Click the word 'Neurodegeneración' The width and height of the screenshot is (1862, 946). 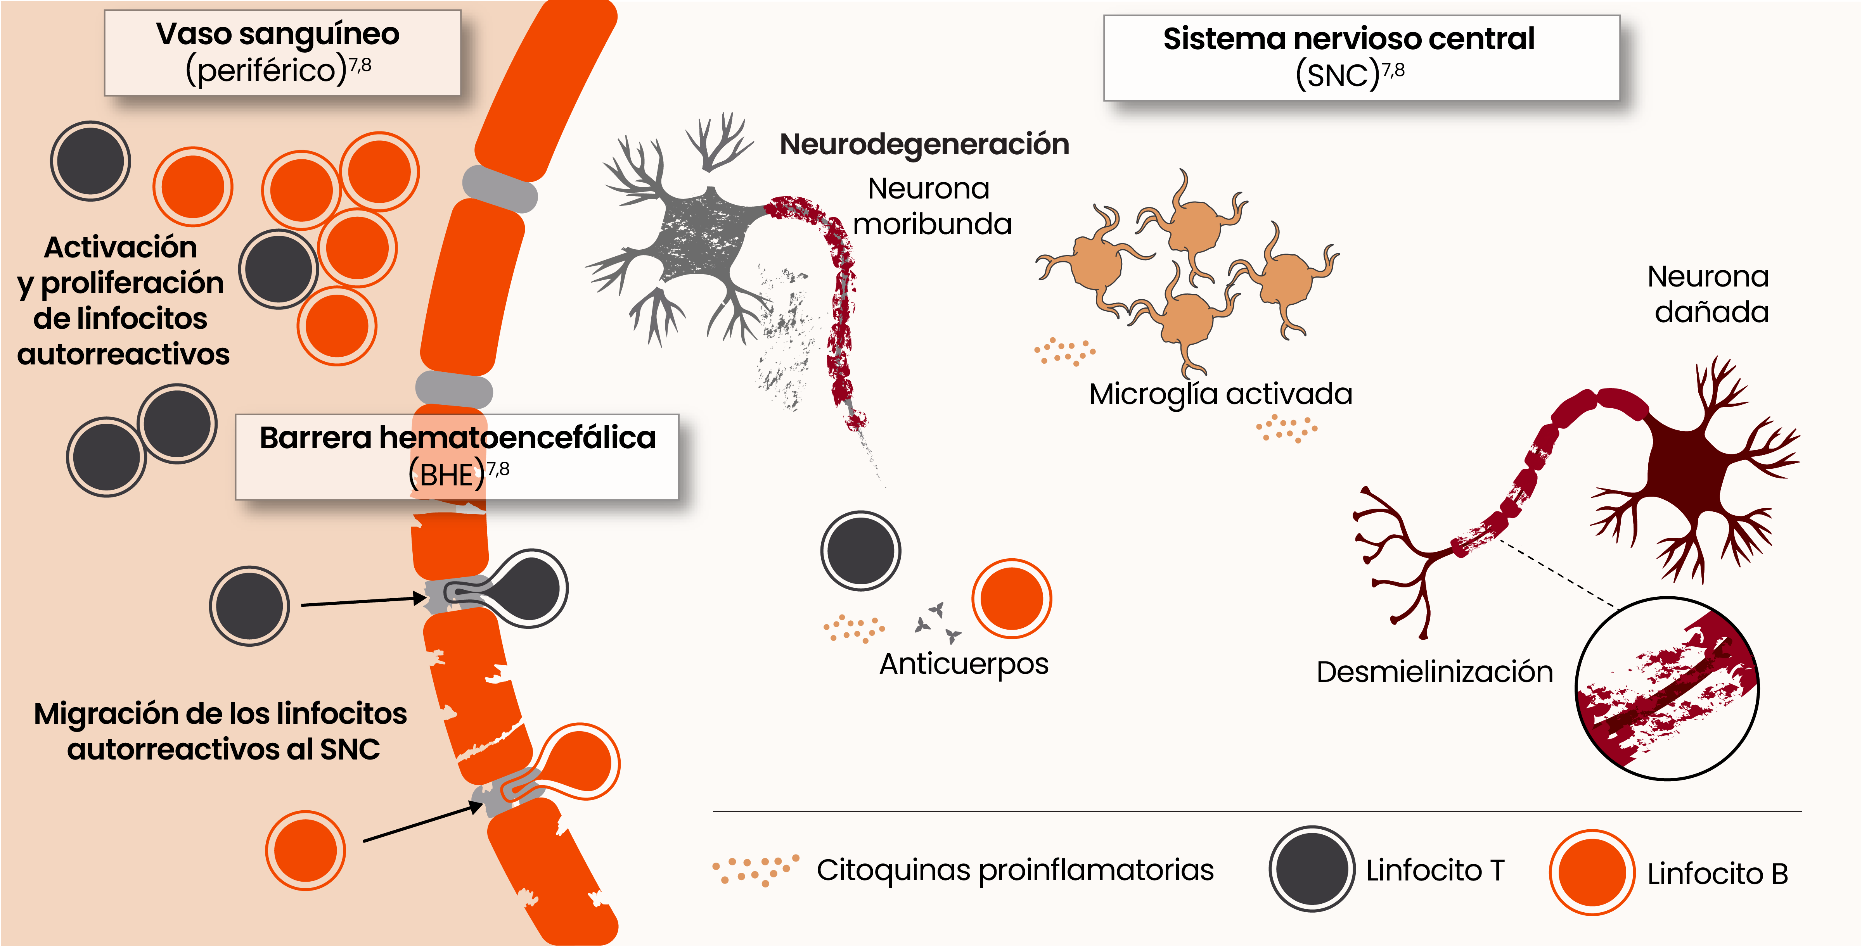(924, 144)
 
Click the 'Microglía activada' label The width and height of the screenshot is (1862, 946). (1220, 394)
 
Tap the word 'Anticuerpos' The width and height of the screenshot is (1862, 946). (964, 663)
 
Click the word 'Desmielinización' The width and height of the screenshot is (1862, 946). (1434, 672)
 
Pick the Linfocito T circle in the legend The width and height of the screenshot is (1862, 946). (1311, 869)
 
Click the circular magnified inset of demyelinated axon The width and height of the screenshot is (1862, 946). (1667, 689)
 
